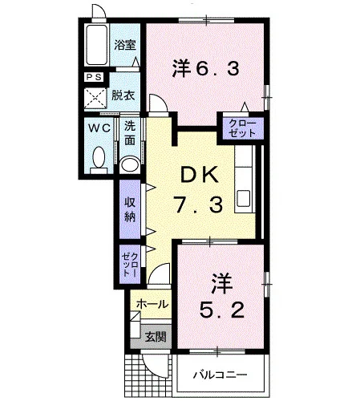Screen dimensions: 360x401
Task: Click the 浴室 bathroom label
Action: click(x=125, y=45)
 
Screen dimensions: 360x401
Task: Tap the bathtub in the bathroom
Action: click(x=96, y=45)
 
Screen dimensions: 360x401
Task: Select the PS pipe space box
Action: click(x=95, y=77)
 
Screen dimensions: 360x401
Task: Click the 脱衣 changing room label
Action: click(x=123, y=95)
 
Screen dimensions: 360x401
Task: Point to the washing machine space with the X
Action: click(x=95, y=98)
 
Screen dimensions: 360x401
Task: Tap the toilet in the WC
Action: click(x=99, y=160)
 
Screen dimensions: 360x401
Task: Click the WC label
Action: click(x=99, y=128)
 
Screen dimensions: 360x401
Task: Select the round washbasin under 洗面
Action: click(x=130, y=164)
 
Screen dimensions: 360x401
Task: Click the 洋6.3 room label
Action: click(x=205, y=68)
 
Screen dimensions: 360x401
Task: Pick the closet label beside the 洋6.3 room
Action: click(x=242, y=128)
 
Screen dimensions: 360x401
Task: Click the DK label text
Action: click(x=198, y=175)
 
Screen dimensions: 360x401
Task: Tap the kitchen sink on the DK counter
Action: click(x=243, y=198)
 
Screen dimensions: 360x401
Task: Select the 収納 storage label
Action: click(x=130, y=210)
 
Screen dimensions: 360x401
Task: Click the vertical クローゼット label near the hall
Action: click(x=130, y=265)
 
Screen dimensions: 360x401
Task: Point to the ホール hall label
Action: click(x=152, y=304)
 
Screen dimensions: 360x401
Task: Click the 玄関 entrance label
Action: click(x=156, y=337)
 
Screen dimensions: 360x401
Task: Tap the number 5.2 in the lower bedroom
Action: click(x=222, y=310)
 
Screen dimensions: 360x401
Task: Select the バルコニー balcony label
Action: click(x=220, y=375)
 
